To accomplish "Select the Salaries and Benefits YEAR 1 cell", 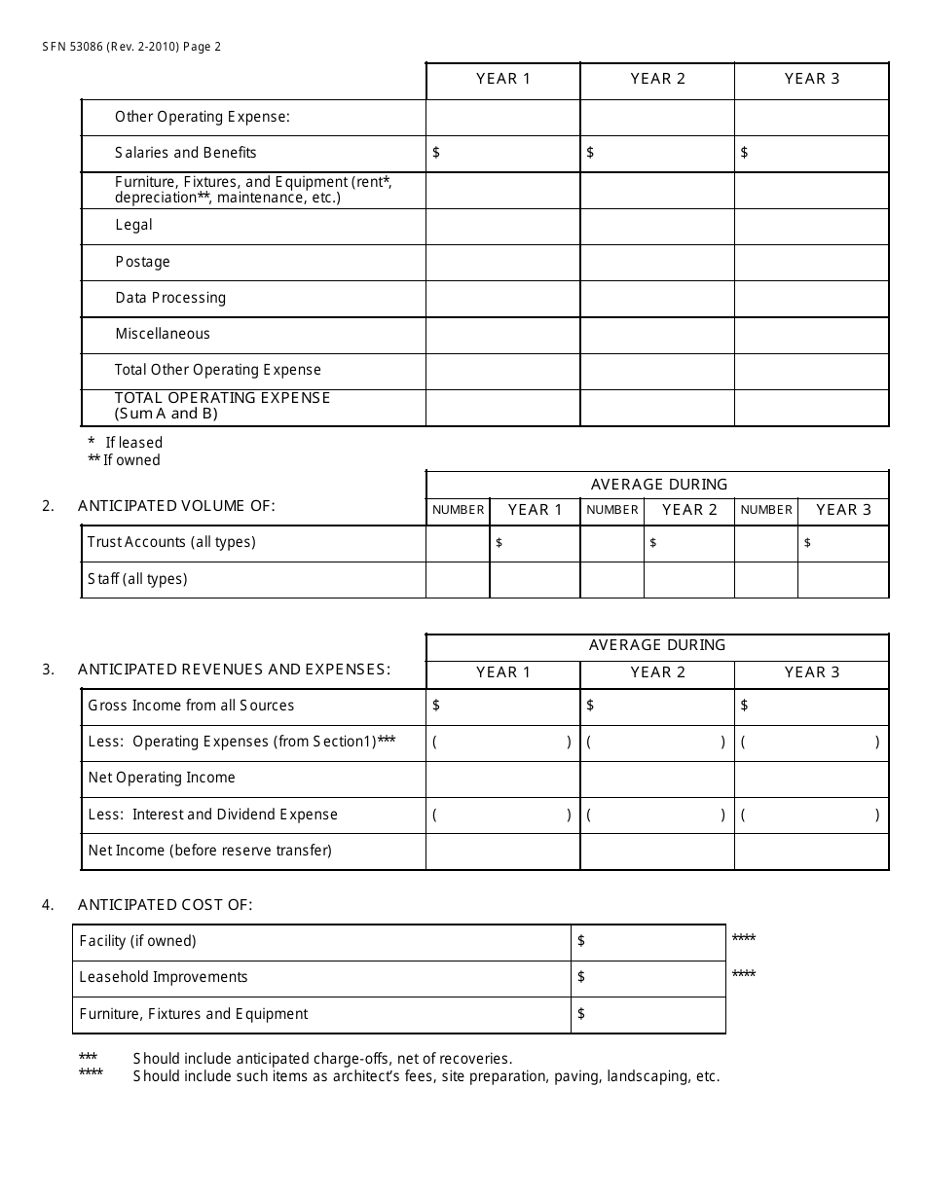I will click(503, 153).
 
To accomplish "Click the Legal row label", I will click(134, 225).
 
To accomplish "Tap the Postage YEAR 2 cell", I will click(657, 262).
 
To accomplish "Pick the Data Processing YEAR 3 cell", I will click(811, 298).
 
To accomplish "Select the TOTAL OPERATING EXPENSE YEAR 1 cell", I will click(503, 407).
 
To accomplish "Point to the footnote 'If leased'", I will click(133, 443).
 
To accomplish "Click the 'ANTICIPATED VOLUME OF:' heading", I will click(176, 505).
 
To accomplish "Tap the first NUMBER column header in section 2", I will click(458, 510).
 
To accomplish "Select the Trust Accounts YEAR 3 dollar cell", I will click(843, 542).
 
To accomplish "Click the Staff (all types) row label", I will click(137, 579).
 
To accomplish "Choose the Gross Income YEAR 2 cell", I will click(657, 706).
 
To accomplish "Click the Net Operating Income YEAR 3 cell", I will click(811, 778).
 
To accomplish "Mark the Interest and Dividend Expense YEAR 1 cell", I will click(503, 815).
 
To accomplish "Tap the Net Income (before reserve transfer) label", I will click(210, 851).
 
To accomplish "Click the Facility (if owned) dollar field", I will click(647, 941).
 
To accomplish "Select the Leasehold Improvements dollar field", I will click(647, 977).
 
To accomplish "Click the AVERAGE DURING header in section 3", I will click(657, 645).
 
